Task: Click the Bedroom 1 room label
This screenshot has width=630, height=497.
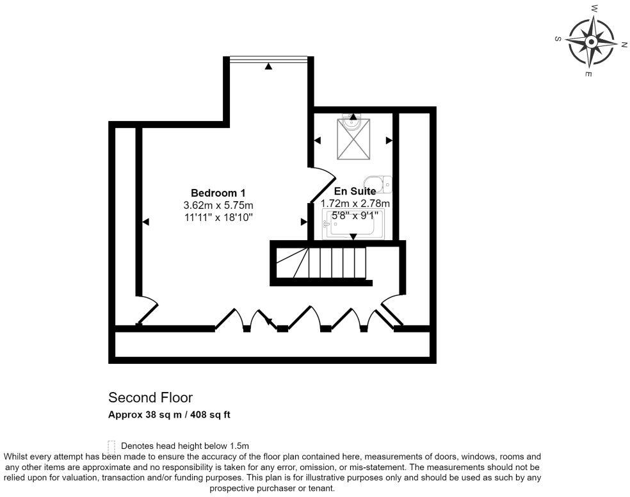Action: point(218,193)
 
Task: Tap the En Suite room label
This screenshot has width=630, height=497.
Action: point(355,191)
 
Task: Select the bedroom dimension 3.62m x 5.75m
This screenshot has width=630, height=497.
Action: point(218,206)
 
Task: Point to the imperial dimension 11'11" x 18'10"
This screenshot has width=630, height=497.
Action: point(218,218)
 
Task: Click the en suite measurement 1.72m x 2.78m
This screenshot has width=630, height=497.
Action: point(355,204)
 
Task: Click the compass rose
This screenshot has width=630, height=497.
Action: point(590,42)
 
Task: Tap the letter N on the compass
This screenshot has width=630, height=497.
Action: point(624,44)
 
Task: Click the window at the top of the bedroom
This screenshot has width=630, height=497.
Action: point(270,59)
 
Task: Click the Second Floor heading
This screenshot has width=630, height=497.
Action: point(150,398)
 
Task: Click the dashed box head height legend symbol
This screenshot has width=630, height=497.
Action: point(112,445)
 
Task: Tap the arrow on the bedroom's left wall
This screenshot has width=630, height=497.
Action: point(146,222)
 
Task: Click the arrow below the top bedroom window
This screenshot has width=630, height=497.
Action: point(269,67)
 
